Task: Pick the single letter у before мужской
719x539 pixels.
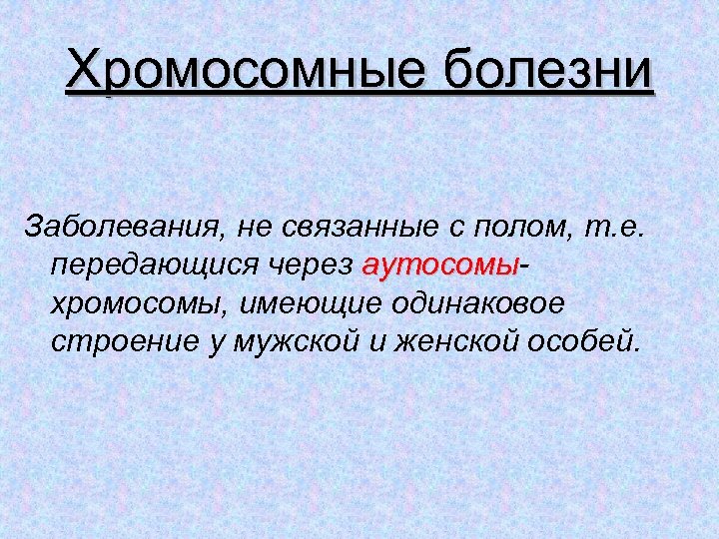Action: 217,342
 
